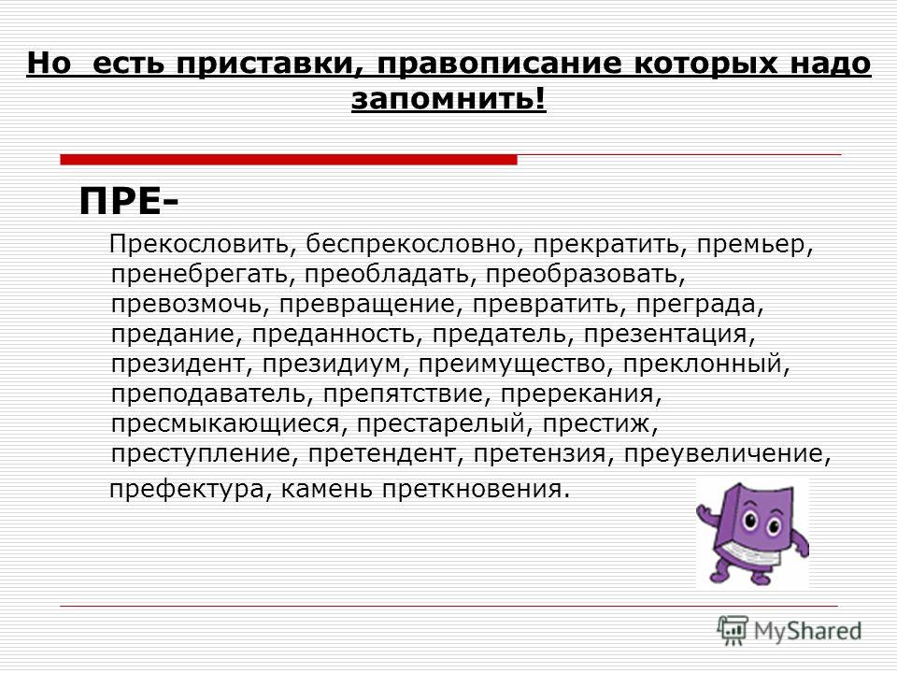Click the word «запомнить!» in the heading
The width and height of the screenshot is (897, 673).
coord(448,98)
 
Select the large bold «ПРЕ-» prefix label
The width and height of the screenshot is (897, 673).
coord(128,202)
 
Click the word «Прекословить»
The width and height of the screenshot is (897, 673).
coord(199,244)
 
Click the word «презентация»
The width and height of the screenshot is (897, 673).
coord(665,335)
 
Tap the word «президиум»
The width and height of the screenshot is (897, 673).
coord(332,364)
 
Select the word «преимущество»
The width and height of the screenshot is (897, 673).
coord(512,364)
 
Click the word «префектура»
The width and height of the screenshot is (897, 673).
coord(187,489)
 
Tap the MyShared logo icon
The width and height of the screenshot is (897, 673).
coord(733,631)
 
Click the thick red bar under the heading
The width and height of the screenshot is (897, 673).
coord(289,160)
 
